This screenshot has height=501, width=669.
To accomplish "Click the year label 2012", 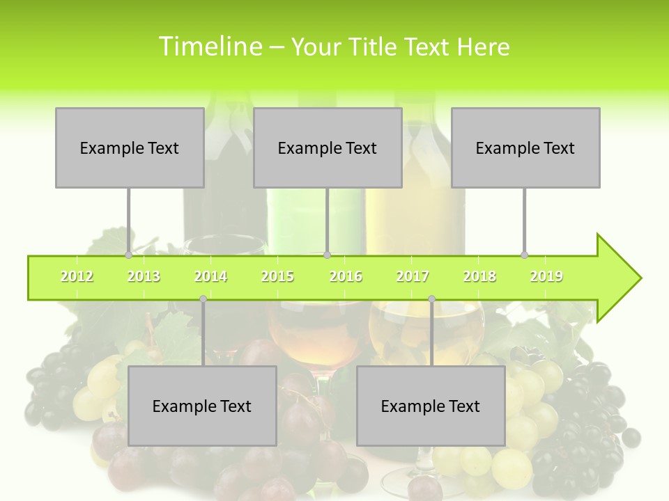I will tap(77, 276).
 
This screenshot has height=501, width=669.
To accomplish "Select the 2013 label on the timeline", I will tap(144, 276).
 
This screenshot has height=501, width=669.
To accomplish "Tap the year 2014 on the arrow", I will tap(210, 276).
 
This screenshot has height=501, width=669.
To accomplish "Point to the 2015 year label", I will tap(277, 276).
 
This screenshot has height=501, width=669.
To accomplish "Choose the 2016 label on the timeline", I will tap(346, 276).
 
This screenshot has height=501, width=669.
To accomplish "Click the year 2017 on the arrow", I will tap(413, 276).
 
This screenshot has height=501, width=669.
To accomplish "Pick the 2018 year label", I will tap(479, 276).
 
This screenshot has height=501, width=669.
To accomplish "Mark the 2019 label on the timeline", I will tap(546, 276).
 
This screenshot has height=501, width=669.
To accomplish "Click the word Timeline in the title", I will tap(209, 47).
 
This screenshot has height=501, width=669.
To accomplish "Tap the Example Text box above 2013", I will tap(130, 148).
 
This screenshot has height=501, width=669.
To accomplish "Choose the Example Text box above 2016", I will tap(328, 148).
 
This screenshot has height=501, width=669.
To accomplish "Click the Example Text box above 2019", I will tap(525, 148).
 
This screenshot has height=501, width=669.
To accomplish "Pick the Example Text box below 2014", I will tap(202, 406).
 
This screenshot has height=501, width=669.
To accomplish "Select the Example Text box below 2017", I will tap(431, 406).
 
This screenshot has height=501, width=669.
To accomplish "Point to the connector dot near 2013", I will tap(129, 255).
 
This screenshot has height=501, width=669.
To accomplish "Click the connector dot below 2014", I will tap(203, 299).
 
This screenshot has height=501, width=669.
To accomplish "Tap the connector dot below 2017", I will tap(431, 299).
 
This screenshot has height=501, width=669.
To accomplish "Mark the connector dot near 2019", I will tap(525, 255).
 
